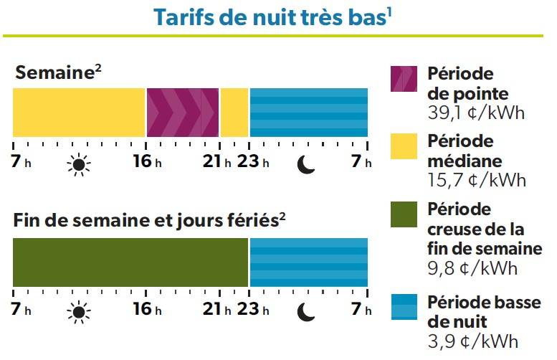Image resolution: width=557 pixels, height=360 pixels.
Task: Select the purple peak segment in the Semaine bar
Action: (182, 113)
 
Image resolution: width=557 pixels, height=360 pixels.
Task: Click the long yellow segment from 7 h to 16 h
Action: (79, 113)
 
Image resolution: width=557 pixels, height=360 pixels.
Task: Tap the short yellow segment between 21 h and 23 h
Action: (234, 113)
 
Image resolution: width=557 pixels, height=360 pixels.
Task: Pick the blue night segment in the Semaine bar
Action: (308, 113)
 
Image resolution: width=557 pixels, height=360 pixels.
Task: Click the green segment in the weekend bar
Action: (130, 262)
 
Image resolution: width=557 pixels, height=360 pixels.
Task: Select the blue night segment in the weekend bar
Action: (308, 262)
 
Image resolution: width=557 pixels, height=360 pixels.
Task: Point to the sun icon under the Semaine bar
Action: (79, 166)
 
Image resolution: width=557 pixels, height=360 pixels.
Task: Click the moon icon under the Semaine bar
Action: (306, 166)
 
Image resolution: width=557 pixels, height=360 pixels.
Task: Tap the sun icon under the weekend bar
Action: (79, 311)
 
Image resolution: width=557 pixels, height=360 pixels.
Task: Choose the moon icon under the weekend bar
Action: (306, 311)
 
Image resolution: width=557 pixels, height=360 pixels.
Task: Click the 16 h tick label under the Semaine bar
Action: (146, 162)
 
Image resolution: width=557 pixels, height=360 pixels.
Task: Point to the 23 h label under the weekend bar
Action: (254, 310)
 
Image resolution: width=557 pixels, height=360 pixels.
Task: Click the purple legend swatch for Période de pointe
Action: (403, 78)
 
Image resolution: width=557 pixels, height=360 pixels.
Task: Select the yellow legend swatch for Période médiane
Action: (403, 147)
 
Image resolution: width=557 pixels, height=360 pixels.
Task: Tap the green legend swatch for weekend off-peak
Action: (403, 215)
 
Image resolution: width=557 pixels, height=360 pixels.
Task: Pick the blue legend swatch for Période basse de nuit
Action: (403, 308)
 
